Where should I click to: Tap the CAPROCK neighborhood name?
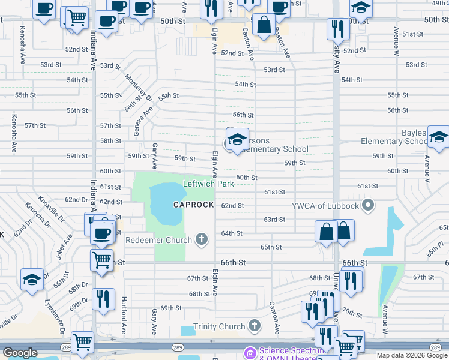(194, 205)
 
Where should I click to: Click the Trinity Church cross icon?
(255, 326)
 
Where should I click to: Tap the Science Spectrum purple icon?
(250, 352)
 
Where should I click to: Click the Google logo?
(20, 353)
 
